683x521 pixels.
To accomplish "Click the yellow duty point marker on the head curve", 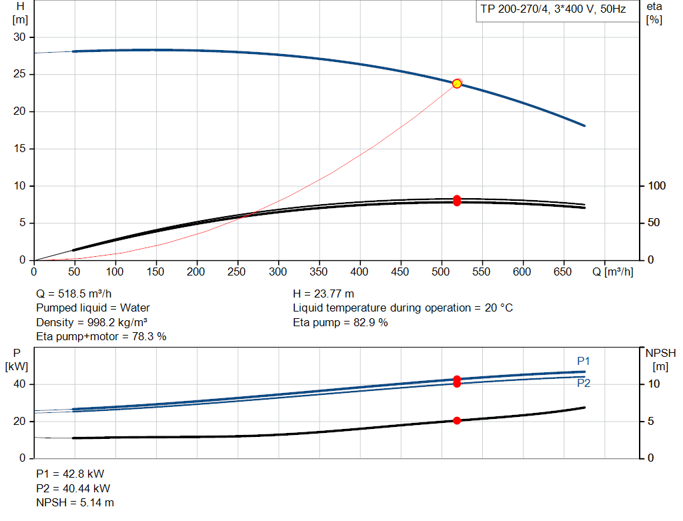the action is tap(457, 83).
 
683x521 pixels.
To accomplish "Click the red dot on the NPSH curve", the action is tap(457, 421).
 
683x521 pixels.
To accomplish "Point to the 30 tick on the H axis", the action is tap(19, 37).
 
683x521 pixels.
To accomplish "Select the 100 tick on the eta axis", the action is tap(657, 186).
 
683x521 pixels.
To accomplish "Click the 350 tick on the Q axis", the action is tap(319, 272).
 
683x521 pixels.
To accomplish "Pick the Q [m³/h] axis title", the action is tap(613, 272).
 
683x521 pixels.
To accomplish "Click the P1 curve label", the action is tap(584, 361).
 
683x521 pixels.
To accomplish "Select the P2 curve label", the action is tap(584, 384).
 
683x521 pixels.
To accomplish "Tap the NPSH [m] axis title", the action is tap(661, 360).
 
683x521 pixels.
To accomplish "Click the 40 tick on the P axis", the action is tap(19, 384).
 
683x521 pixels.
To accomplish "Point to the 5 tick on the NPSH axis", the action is tap(651, 421).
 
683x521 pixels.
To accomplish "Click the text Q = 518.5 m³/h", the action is tap(74, 294).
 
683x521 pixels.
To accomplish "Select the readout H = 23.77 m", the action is tap(323, 294).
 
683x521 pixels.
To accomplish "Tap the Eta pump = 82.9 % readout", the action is tap(340, 323).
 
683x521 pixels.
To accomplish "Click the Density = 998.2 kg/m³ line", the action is tap(92, 323).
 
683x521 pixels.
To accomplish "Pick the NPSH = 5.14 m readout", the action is tap(75, 503).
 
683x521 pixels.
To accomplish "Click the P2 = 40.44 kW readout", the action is tap(73, 488).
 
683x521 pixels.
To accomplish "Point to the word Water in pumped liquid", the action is tap(135, 308).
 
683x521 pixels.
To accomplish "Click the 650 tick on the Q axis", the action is tap(563, 272).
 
